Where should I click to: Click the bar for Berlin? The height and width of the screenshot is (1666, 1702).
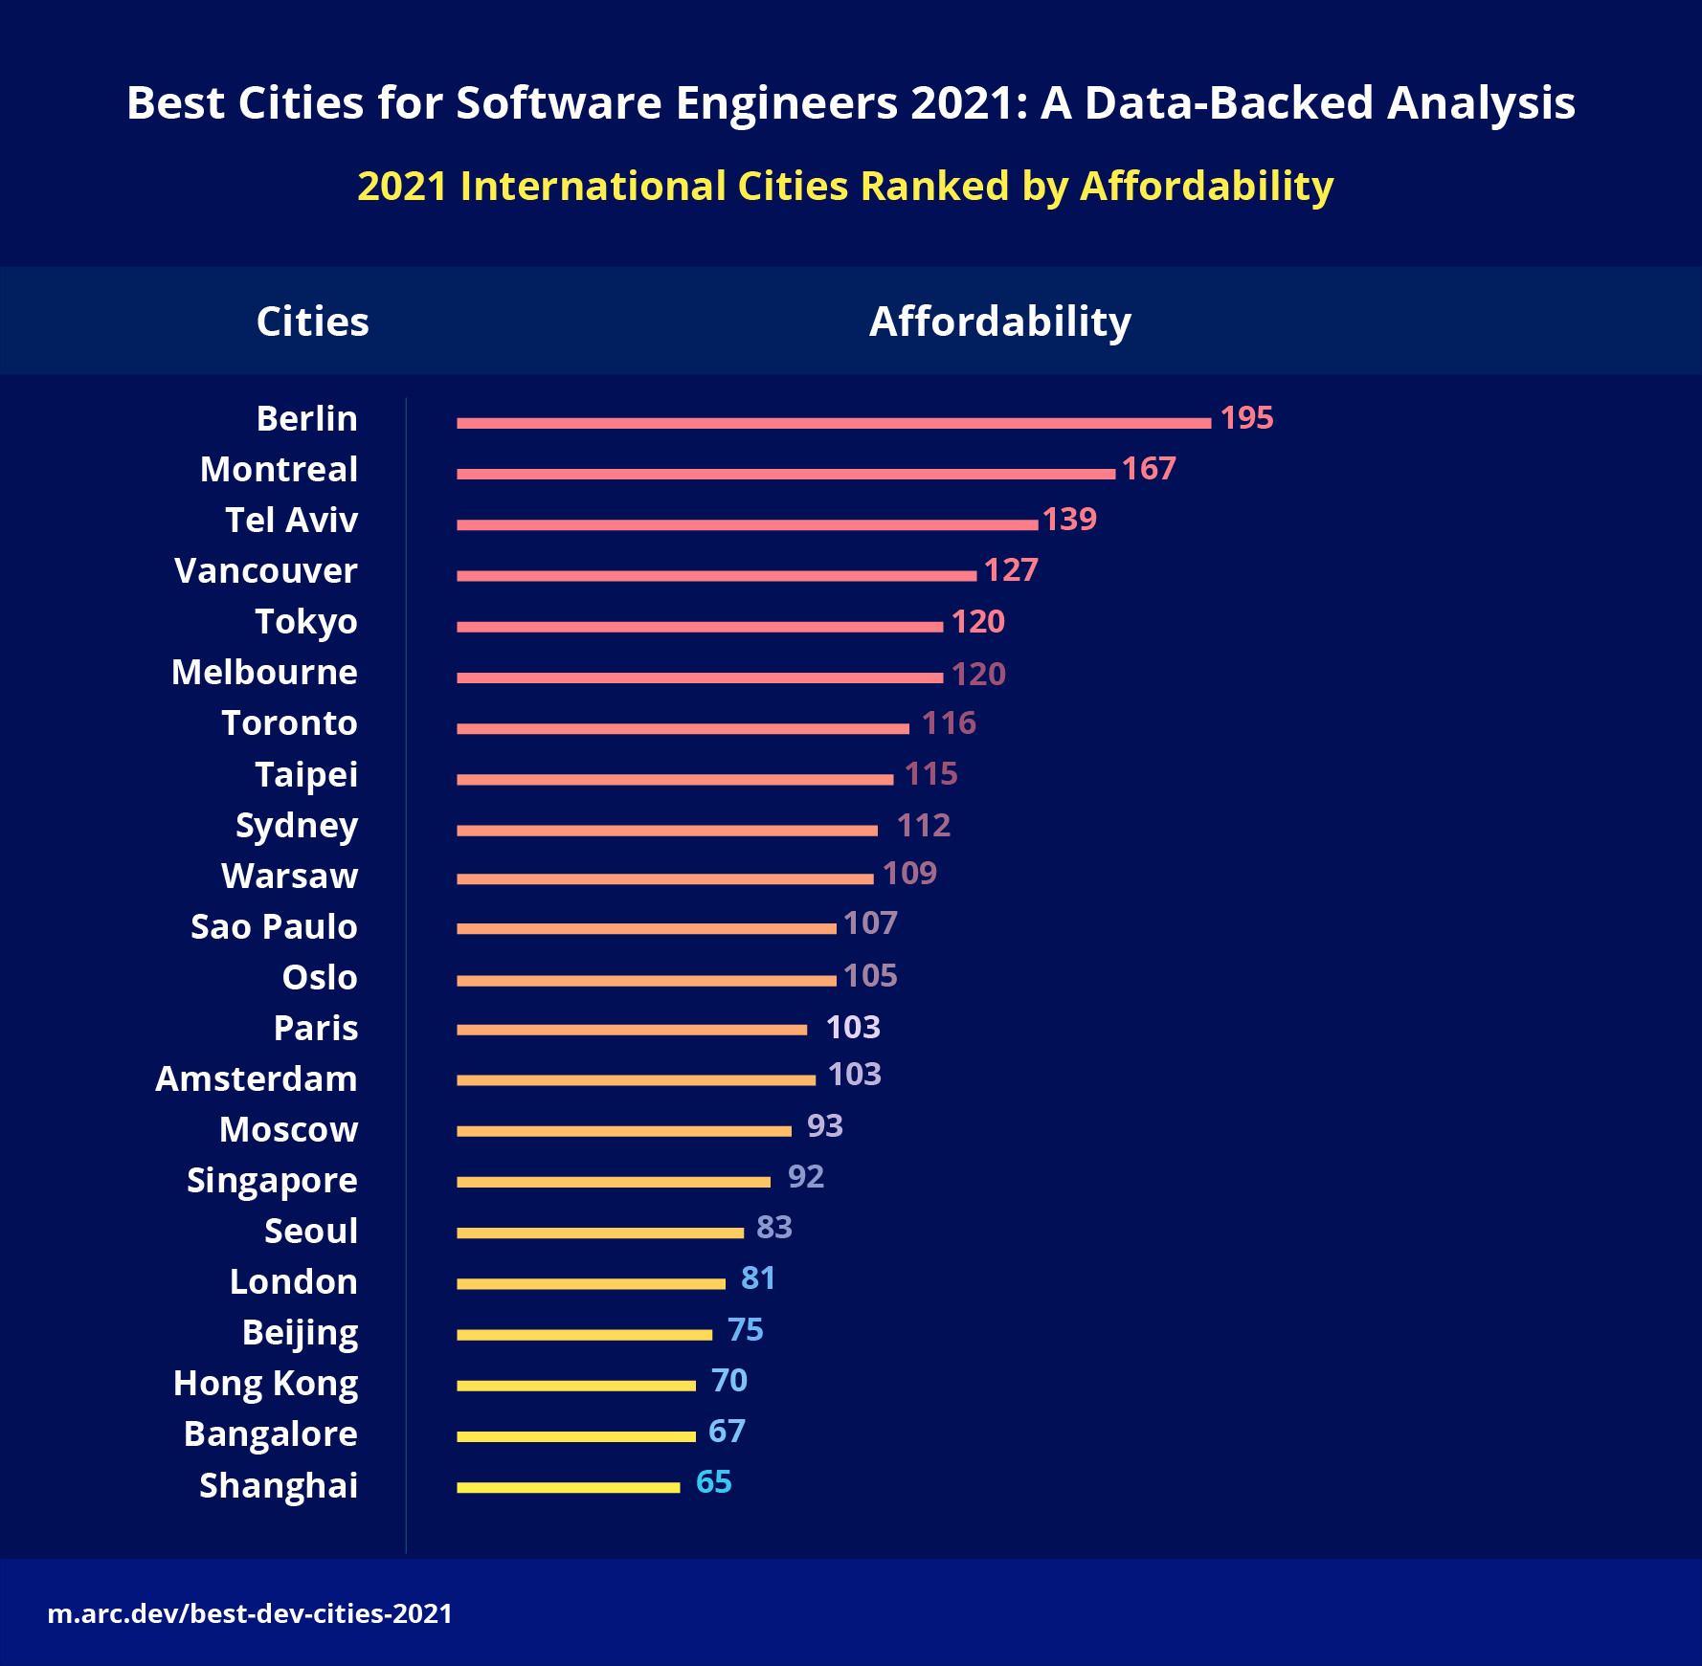click(833, 423)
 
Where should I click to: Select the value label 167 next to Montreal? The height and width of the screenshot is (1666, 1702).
click(1148, 469)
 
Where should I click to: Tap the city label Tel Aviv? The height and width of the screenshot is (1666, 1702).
click(291, 521)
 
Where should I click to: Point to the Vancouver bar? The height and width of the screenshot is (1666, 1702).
click(716, 575)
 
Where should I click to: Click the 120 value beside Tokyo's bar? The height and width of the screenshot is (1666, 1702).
click(977, 622)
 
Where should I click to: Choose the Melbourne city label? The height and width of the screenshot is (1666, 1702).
click(264, 673)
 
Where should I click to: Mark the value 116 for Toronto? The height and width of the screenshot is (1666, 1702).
click(949, 723)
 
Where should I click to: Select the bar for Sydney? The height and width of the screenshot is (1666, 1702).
click(666, 831)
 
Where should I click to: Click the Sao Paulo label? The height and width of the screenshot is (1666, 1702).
click(274, 927)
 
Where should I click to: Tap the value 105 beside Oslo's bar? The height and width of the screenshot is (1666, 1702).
click(870, 976)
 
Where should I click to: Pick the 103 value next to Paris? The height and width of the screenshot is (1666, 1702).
click(853, 1028)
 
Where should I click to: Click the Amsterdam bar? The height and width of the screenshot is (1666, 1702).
click(636, 1080)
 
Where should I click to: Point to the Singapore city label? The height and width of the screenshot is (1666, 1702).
click(272, 1181)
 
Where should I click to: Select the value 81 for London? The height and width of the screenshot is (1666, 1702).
click(757, 1278)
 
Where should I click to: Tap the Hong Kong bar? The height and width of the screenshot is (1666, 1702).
click(575, 1386)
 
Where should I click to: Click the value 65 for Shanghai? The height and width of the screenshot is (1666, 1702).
click(713, 1482)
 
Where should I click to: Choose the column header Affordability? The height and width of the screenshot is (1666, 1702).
click(999, 322)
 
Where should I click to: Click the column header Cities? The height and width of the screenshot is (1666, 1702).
click(312, 322)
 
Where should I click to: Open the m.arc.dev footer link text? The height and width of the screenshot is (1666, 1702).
click(250, 1614)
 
